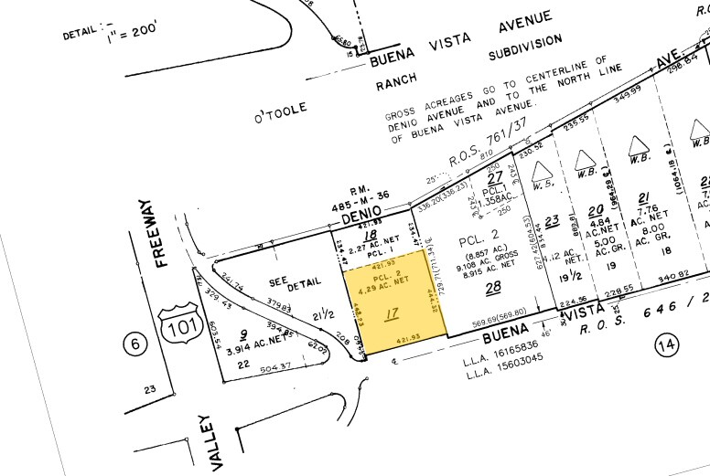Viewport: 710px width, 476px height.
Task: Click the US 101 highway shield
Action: (177, 325)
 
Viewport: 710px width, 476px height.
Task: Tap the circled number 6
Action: (135, 344)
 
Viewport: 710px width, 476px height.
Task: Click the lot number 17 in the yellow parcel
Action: (393, 315)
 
